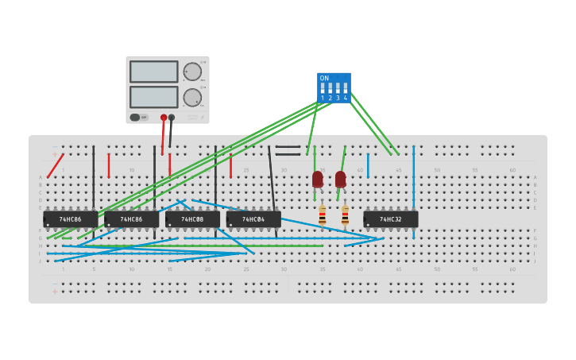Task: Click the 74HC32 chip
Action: pos(390,219)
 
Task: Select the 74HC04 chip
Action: pos(253,219)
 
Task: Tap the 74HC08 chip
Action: pos(192,219)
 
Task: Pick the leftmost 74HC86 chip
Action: pos(71,219)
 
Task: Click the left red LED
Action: pos(318,179)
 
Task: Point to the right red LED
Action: pos(340,179)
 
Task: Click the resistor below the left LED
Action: pos(322,215)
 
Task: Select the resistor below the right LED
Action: pos(345,215)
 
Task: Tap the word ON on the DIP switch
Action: pos(324,78)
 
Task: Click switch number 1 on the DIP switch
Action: pos(323,89)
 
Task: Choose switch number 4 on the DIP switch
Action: pos(345,89)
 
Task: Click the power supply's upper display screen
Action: pos(153,72)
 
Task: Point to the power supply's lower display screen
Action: pos(153,97)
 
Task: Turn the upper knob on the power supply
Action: pos(192,72)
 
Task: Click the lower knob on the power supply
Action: pos(192,98)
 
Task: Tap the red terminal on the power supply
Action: pos(164,118)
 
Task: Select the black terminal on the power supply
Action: pos(172,118)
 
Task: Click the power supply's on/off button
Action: pos(136,117)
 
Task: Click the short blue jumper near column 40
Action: pos(368,165)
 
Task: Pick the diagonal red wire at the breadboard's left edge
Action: pos(55,166)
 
